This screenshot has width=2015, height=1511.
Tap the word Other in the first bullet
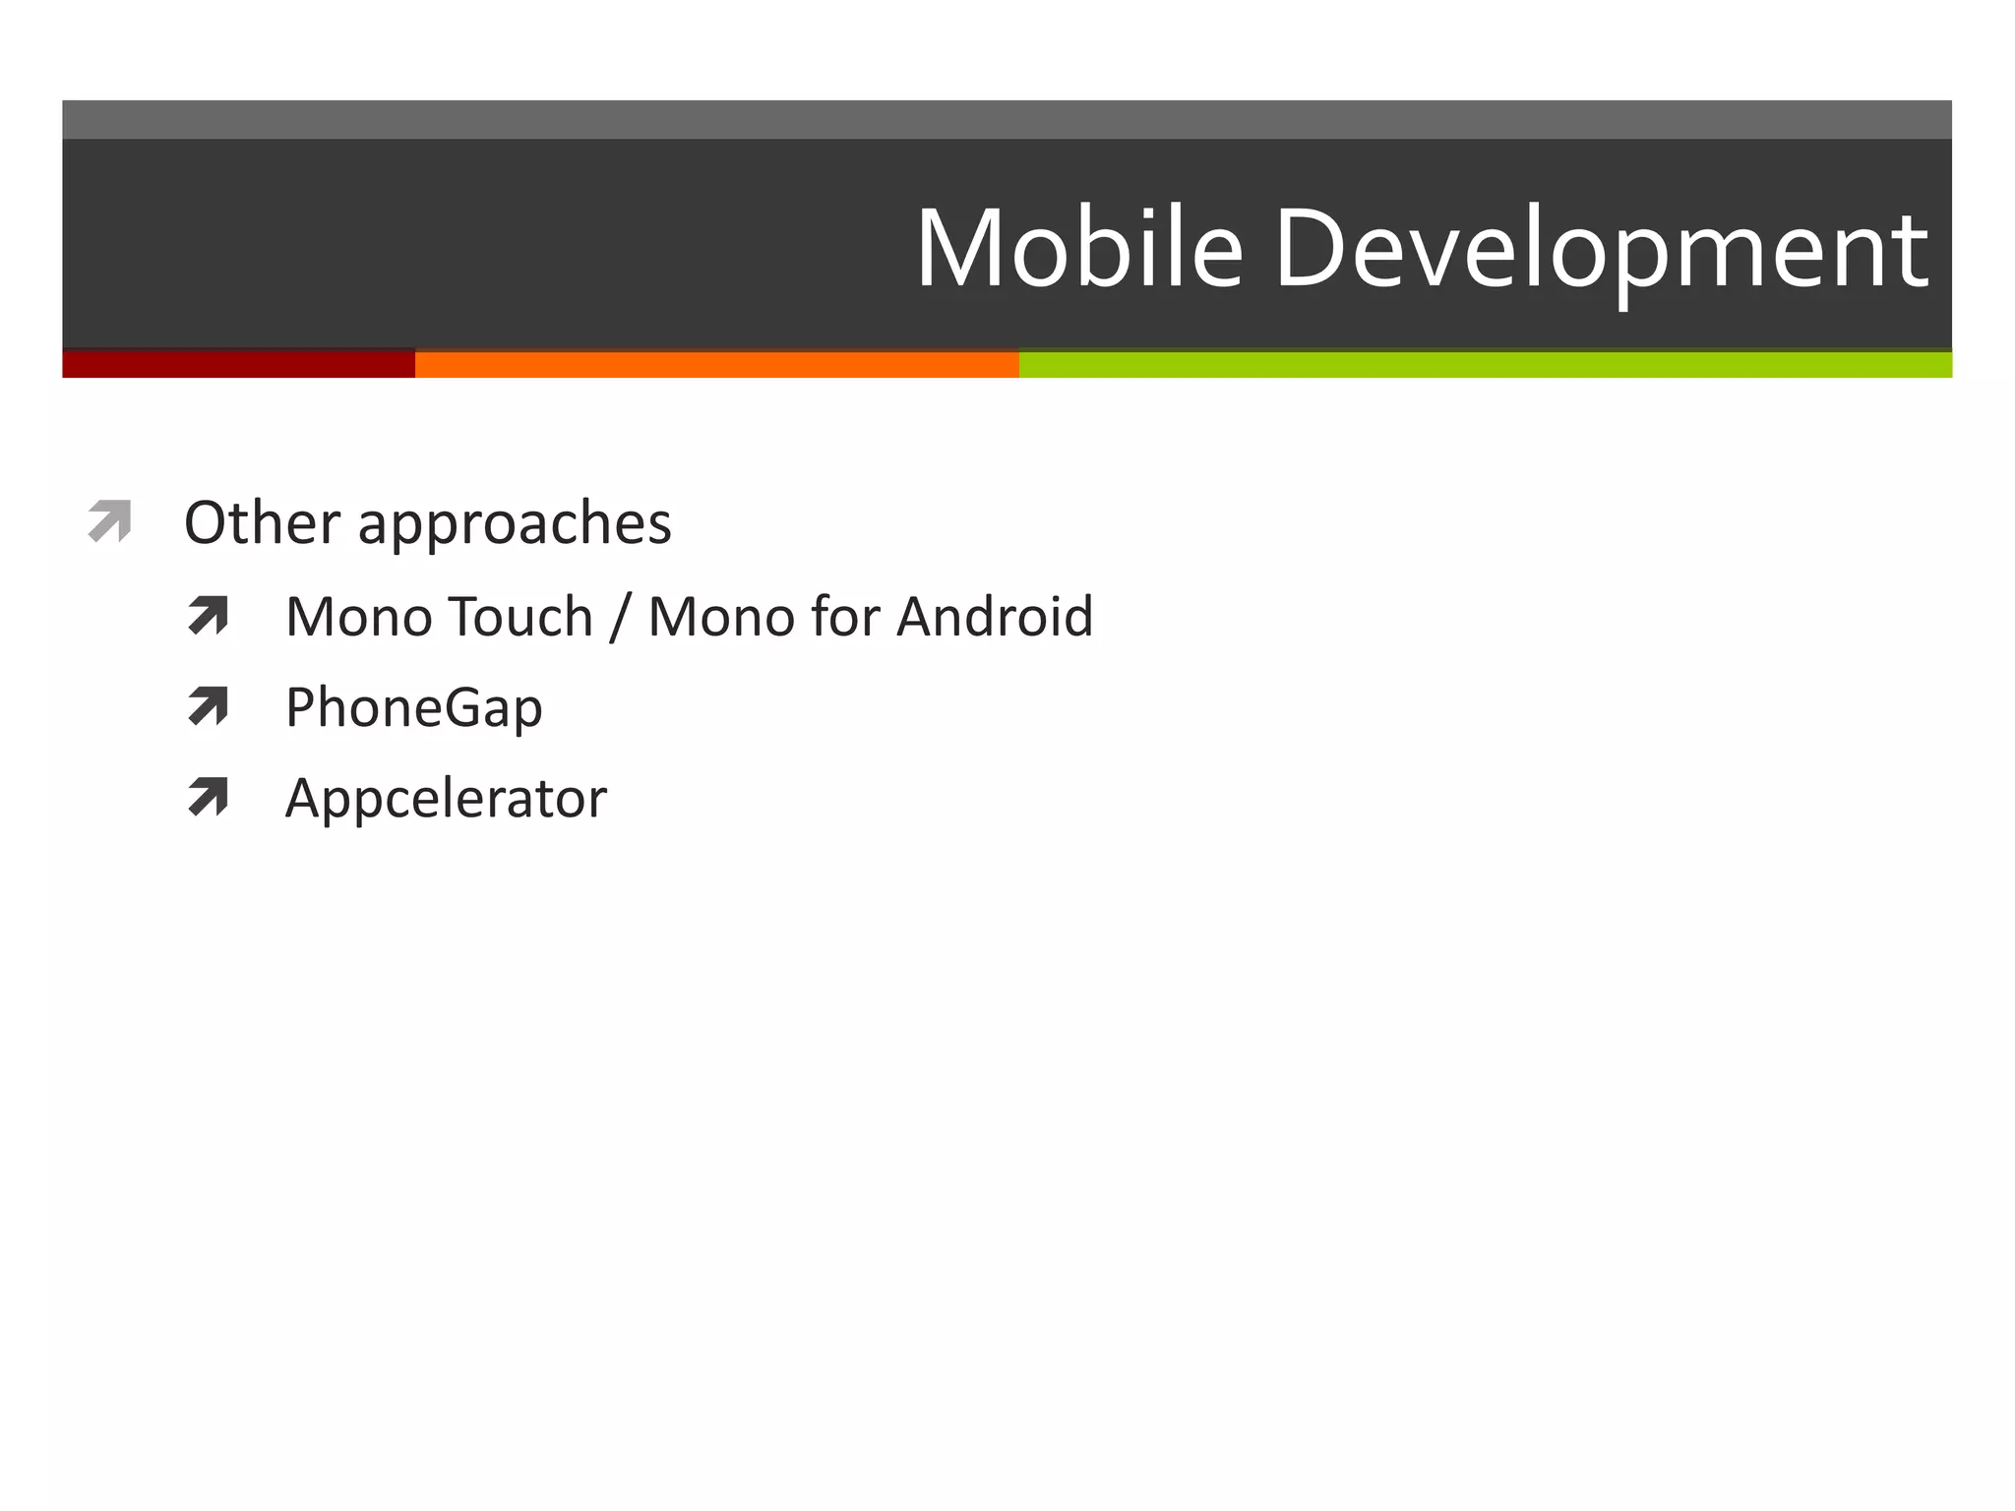pos(262,522)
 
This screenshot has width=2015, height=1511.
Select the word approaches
pos(515,524)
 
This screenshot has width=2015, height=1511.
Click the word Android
pos(995,617)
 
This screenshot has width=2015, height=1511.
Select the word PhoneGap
pos(413,708)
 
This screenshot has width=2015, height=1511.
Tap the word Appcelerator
pos(446,799)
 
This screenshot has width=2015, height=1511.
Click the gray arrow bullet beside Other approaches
pos(109,520)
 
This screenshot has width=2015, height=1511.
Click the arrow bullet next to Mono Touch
pos(208,616)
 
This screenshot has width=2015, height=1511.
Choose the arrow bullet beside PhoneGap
pos(208,706)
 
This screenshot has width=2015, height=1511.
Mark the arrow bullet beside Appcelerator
pos(208,797)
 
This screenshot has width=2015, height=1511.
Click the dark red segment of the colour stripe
pos(238,364)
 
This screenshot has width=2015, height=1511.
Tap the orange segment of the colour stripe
pos(716,364)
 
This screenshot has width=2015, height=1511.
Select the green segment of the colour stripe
pos(1485,364)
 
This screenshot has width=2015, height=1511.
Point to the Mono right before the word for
pos(721,617)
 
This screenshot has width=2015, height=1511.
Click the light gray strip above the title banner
pos(1007,119)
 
